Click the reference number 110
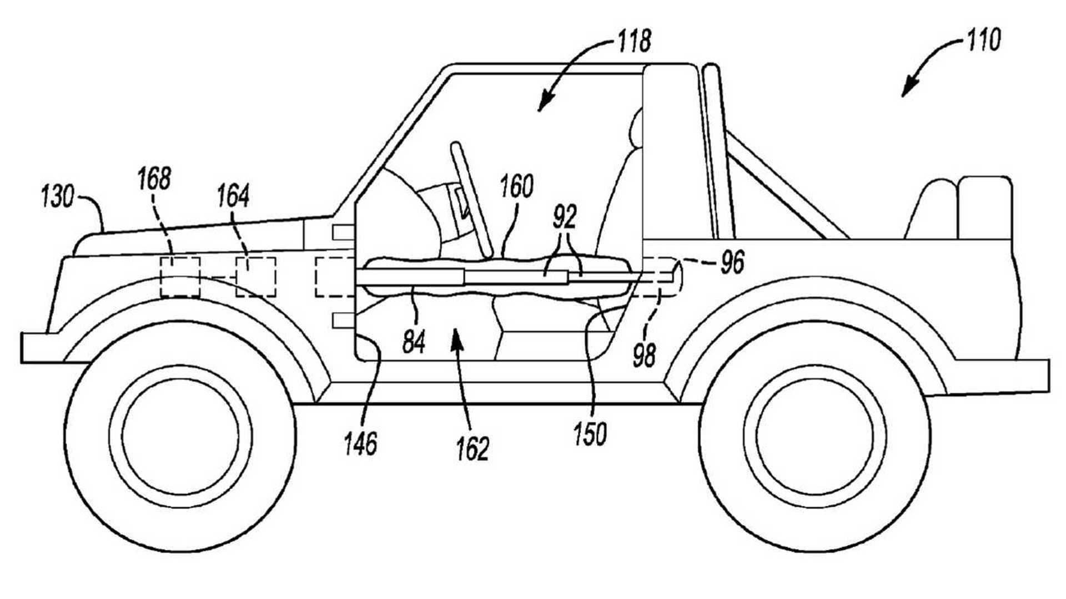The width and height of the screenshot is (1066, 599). coord(984,40)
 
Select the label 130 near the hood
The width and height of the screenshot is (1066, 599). coord(57,197)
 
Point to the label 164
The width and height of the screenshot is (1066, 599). coord(233,196)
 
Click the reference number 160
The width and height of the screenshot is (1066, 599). coord(516,187)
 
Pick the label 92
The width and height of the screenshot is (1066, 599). coord(565,217)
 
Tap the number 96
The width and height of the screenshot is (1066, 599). coord(732,262)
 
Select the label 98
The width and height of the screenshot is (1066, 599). coord(645,355)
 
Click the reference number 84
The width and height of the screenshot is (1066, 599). coord(414,342)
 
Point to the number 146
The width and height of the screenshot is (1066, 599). coord(360,444)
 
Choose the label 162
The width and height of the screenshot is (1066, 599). coord(472,449)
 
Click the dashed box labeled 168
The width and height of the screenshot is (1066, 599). coord(180,277)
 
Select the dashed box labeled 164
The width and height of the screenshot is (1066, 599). coord(256,277)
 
